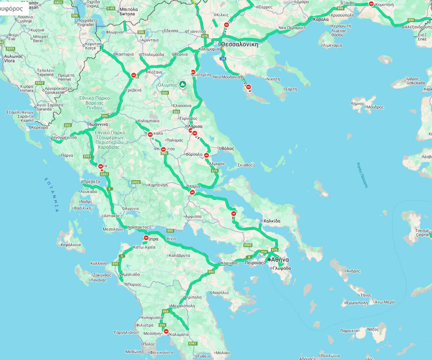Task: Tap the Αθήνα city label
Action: coord(280,259)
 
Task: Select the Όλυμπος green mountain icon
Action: coord(183,84)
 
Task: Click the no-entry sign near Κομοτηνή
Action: coord(371,4)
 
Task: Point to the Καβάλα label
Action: coord(321,20)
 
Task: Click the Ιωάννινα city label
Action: coord(98,124)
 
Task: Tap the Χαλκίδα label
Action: coord(271,221)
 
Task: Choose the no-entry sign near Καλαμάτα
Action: coord(166,332)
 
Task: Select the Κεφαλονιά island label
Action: coord(71,244)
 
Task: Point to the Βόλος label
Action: coord(228,148)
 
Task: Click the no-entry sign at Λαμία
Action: coord(192,193)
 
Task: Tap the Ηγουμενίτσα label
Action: coord(64,138)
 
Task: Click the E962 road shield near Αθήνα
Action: coord(248,245)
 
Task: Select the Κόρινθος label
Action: coord(228,263)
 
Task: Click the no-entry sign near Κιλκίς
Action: coord(226,25)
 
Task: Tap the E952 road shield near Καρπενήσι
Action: coord(136,182)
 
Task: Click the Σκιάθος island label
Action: coord(245,165)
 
